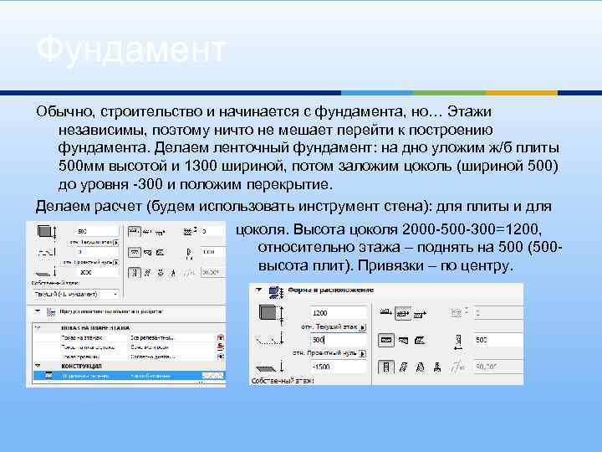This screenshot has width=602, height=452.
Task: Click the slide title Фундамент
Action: (130, 49)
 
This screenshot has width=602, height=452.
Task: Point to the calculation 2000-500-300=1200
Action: (473, 229)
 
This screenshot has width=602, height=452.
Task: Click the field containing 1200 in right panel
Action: (332, 312)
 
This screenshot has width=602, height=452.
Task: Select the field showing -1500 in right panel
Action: (332, 367)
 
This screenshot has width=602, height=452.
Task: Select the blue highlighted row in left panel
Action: (125, 377)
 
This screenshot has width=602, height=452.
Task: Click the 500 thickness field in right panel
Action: (492, 340)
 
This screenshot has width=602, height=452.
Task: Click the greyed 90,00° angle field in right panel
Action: (492, 367)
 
